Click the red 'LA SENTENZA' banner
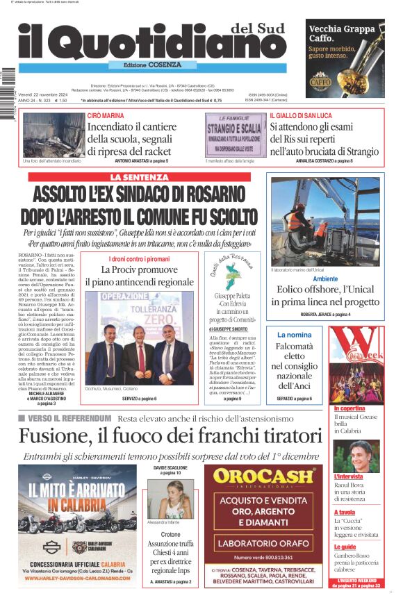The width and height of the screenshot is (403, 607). (x=139, y=178)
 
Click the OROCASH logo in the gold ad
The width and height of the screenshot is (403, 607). (x=264, y=476)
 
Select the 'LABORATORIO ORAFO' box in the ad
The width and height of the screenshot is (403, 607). (x=263, y=542)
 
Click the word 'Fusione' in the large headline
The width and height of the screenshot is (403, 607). (x=54, y=436)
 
